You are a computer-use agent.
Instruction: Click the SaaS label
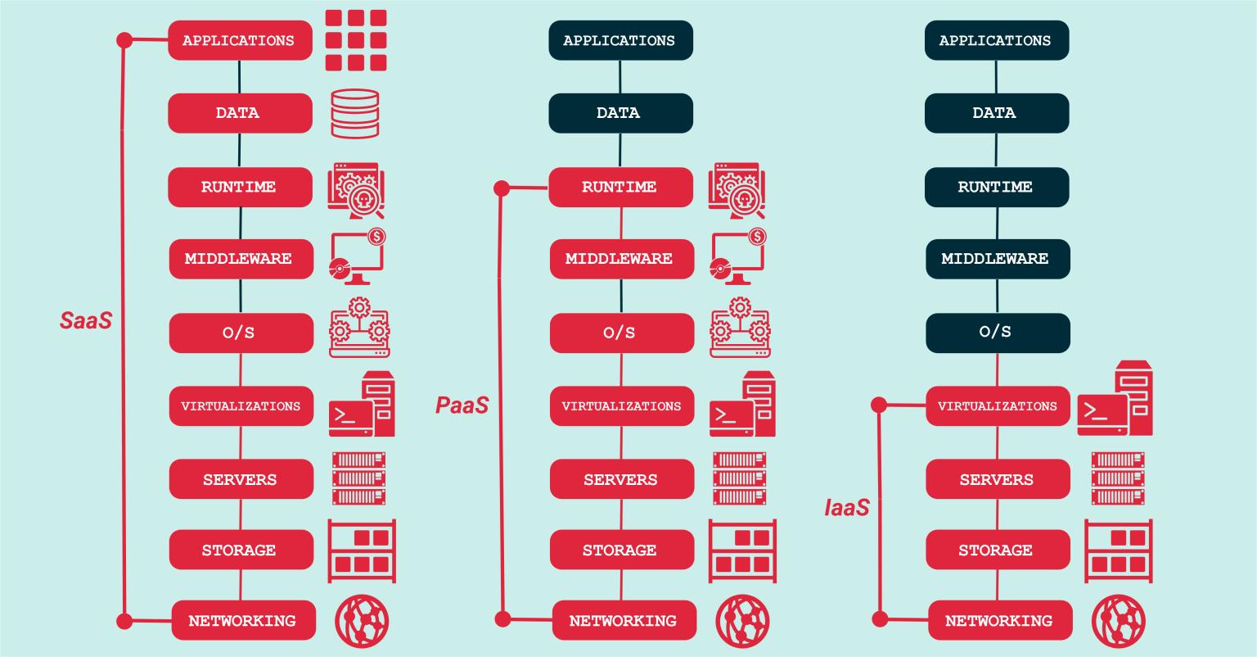86,319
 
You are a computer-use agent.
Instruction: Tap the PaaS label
462,405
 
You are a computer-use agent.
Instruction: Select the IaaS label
846,508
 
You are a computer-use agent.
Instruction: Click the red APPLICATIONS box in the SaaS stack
239,40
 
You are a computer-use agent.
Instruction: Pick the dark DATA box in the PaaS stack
619,113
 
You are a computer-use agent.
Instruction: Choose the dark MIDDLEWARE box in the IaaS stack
996,259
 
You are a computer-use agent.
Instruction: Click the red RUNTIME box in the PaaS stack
620,187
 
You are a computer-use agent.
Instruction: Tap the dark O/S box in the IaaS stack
997,332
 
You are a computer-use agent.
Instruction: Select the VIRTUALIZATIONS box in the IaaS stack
998,406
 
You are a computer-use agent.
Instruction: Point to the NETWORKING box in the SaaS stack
241,620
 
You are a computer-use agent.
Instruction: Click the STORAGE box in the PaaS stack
620,550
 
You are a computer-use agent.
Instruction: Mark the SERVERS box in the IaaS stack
998,479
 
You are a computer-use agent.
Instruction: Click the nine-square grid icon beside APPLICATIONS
355,40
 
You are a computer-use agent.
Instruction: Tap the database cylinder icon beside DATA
355,113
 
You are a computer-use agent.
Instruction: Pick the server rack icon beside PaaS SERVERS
739,478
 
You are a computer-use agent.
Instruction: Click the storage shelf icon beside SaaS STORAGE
362,551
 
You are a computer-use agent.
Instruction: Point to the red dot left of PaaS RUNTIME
502,189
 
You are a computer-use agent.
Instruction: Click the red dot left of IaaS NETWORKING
880,619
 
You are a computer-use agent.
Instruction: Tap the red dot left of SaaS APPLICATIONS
124,39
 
